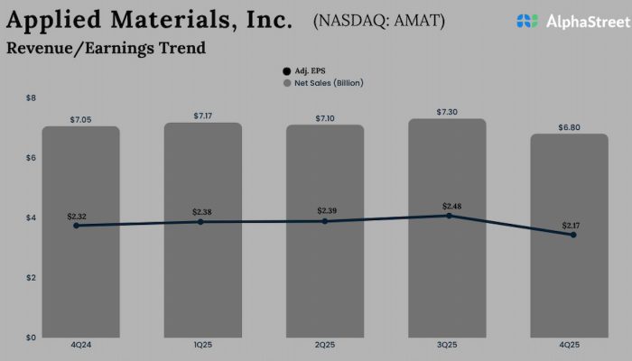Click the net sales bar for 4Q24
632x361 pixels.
(81, 271)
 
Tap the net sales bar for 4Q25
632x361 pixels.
(570, 280)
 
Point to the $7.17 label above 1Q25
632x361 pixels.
(204, 116)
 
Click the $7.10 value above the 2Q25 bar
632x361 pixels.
(325, 118)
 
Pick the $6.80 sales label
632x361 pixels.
(570, 127)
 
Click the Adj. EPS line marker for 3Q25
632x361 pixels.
(449, 216)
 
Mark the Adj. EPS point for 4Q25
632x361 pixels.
(573, 235)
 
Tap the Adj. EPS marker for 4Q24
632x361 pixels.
(76, 226)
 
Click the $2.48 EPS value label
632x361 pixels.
(449, 207)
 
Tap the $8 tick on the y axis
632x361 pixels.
(30, 97)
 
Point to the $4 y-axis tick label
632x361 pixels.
(30, 218)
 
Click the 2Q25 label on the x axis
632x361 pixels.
(325, 344)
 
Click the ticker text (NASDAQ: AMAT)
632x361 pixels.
(378, 20)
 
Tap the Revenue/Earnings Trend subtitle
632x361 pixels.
(106, 48)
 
